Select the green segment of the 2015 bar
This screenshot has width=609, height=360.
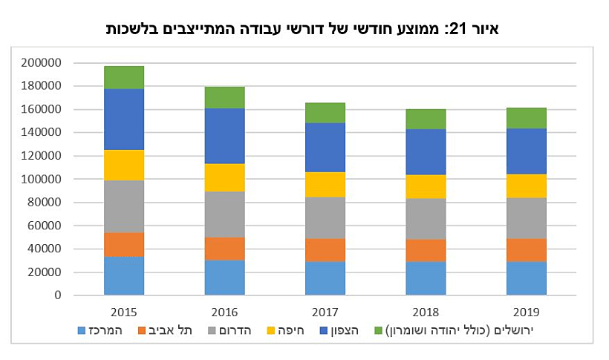tap(124, 77)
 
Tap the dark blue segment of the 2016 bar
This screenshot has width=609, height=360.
tap(225, 136)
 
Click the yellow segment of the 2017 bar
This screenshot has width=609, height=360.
tap(325, 184)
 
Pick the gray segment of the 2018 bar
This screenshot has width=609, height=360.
tap(426, 219)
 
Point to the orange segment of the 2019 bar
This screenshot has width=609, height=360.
tap(527, 250)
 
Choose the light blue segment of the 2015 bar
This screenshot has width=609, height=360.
tap(124, 275)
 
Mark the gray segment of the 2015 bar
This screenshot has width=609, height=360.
tap(124, 206)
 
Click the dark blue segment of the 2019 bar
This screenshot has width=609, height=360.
tap(527, 151)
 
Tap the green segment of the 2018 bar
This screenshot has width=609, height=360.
tap(426, 119)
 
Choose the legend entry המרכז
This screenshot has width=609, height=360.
tap(104, 330)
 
